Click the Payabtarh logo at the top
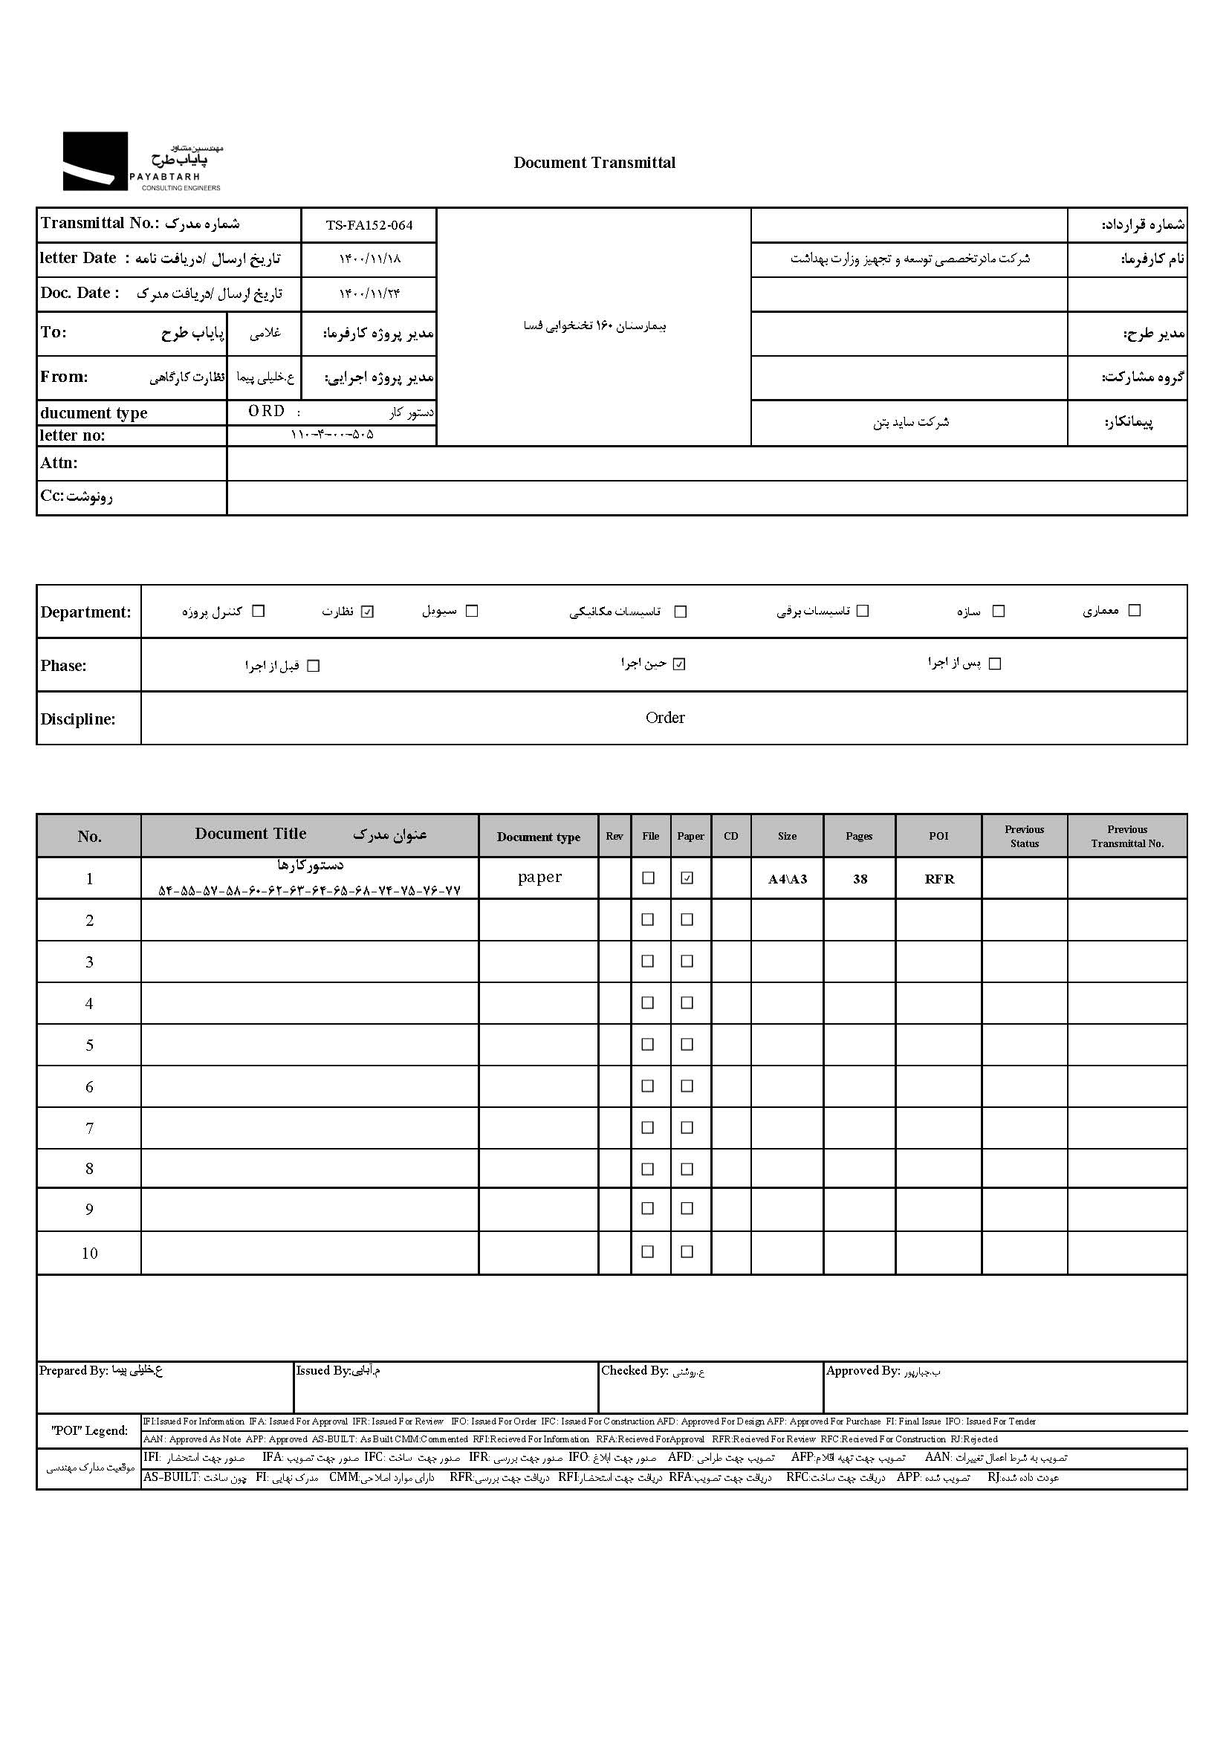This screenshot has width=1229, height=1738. click(x=141, y=161)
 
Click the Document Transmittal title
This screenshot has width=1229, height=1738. click(x=594, y=163)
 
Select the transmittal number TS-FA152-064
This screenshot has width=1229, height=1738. click(x=369, y=225)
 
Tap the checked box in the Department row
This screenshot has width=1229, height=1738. click(x=368, y=612)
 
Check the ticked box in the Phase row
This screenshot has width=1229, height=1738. click(x=680, y=664)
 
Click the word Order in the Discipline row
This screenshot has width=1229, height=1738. click(x=664, y=718)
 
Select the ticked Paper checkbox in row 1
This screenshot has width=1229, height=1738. click(x=687, y=878)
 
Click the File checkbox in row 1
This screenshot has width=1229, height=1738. click(x=648, y=878)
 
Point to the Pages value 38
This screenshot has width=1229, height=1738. click(x=860, y=879)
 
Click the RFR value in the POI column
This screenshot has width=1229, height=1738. click(x=939, y=879)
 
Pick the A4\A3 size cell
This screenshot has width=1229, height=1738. click(x=787, y=879)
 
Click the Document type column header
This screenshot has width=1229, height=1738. click(x=538, y=837)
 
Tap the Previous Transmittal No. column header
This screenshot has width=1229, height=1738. click(x=1127, y=837)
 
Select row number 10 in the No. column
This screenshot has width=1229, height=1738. click(x=89, y=1253)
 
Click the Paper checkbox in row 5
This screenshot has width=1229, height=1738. click(x=687, y=1045)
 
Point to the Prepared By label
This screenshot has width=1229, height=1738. click(x=74, y=1370)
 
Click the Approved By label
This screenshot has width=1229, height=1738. click(x=863, y=1370)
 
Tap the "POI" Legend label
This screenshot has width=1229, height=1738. click(x=88, y=1430)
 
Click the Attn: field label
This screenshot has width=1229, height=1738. click(x=59, y=463)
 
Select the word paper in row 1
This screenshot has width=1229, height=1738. click(x=539, y=877)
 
